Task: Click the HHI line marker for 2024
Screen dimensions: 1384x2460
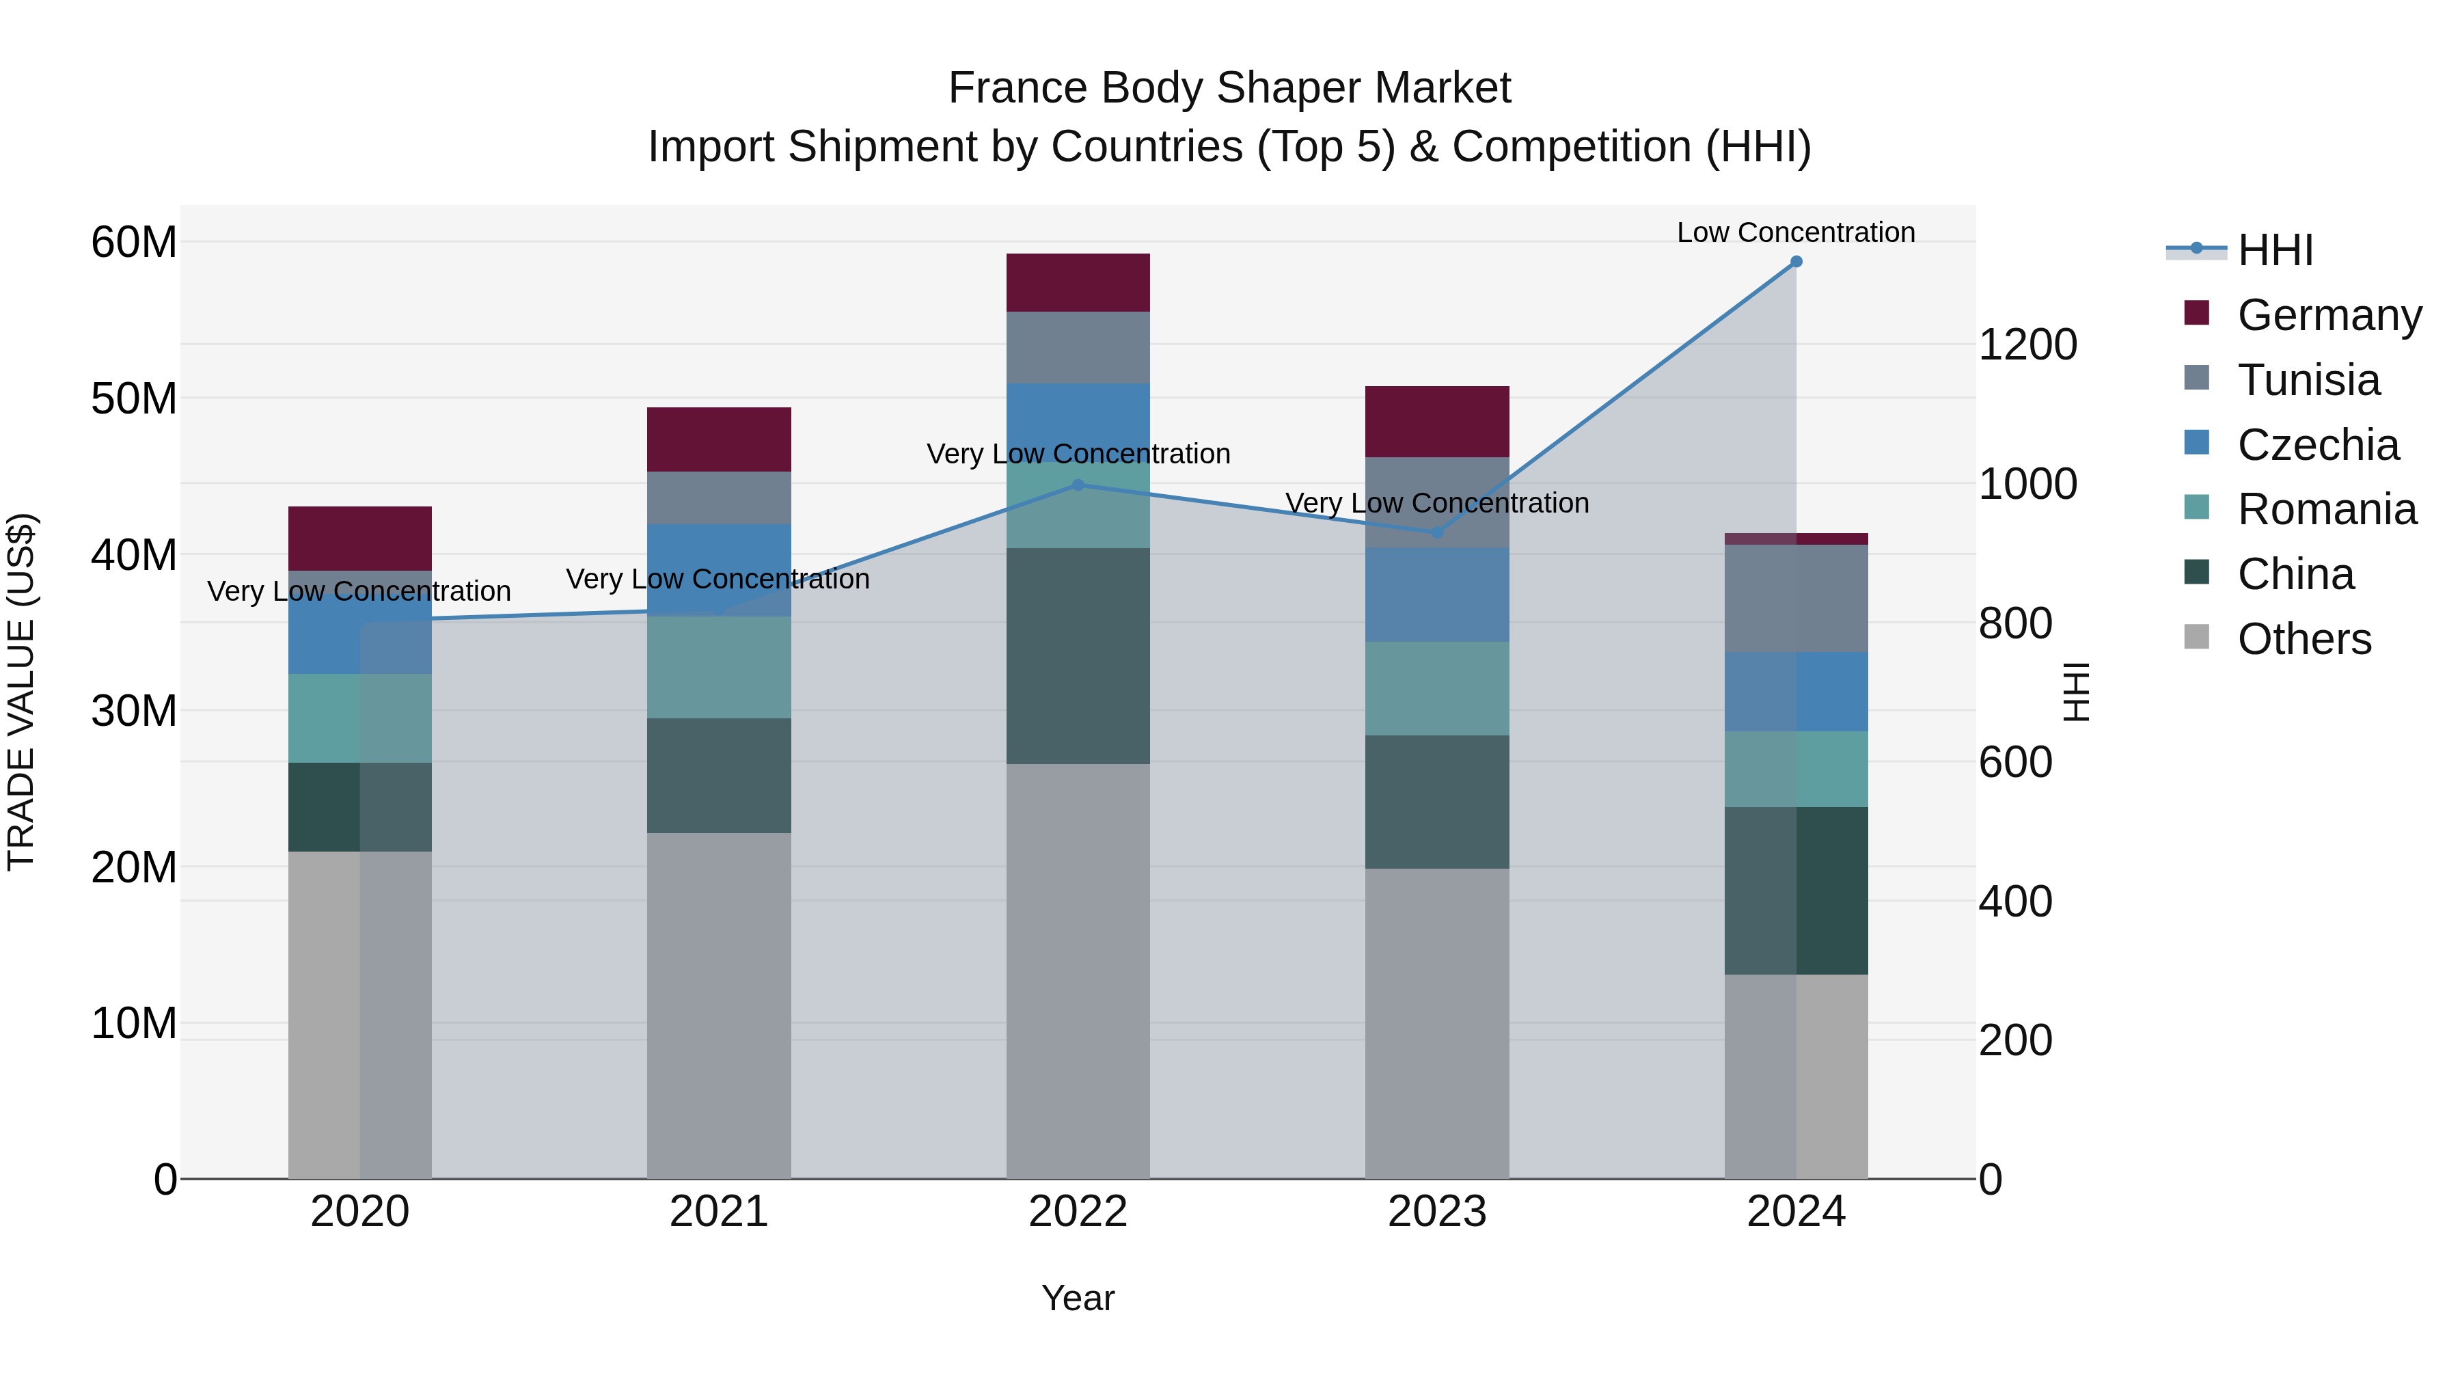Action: pos(1795,262)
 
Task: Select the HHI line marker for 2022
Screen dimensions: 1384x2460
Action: pos(1078,485)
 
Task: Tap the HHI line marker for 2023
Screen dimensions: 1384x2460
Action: pos(1436,532)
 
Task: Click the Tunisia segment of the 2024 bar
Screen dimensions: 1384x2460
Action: pos(1795,598)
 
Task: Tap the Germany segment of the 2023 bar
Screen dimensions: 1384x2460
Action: pos(1436,421)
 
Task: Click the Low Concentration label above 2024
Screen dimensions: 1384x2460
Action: pos(1795,232)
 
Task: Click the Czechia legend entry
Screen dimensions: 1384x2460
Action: pos(2318,445)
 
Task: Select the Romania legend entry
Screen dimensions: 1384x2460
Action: pos(2326,510)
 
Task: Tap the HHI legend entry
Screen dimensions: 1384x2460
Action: pos(2275,250)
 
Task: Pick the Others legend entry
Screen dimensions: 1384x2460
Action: pos(2304,639)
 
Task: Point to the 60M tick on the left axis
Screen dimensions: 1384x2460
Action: pos(134,243)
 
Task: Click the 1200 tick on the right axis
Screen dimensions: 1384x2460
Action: pos(2027,345)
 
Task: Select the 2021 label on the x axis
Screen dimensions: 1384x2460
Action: pos(718,1212)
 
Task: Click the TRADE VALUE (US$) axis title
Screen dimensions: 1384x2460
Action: pos(21,692)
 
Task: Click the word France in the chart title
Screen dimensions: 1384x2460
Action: pos(1017,88)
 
